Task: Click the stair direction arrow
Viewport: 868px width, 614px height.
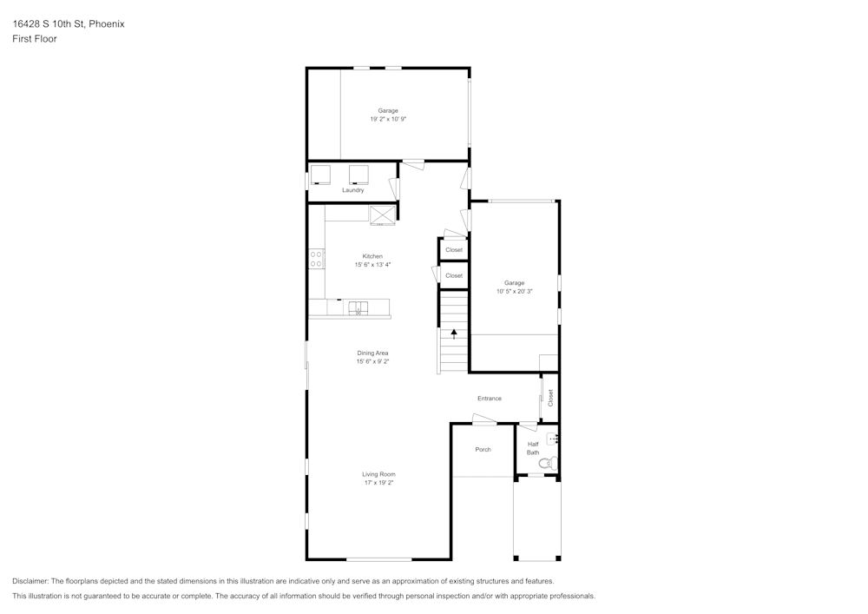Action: coord(453,333)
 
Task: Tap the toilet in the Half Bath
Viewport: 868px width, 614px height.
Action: coord(546,465)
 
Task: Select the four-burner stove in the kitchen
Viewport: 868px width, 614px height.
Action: coord(317,258)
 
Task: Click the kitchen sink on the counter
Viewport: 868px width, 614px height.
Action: coord(357,307)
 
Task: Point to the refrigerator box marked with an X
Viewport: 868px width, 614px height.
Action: coord(382,215)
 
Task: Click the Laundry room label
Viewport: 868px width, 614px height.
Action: coord(352,190)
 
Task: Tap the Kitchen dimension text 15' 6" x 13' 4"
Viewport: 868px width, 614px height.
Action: coord(372,264)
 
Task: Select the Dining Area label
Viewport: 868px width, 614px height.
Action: coord(372,353)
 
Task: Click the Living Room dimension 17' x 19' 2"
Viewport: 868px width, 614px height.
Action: coord(379,482)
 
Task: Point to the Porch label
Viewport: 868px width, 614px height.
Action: coord(483,449)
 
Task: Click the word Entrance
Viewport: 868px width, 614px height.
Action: coord(490,399)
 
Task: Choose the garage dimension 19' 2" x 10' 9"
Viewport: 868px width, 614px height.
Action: coord(388,118)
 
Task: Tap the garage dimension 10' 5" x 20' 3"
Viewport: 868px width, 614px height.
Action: coord(514,292)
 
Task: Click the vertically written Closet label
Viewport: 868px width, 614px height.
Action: coord(550,398)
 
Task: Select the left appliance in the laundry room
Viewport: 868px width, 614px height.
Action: coord(321,174)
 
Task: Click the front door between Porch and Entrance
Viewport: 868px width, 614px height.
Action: coord(484,421)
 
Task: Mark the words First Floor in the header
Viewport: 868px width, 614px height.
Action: coord(35,39)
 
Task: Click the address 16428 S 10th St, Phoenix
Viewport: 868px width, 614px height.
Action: coord(69,24)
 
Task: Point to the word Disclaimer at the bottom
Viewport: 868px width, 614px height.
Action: coord(31,581)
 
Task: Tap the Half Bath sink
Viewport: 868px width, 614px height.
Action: coord(553,439)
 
